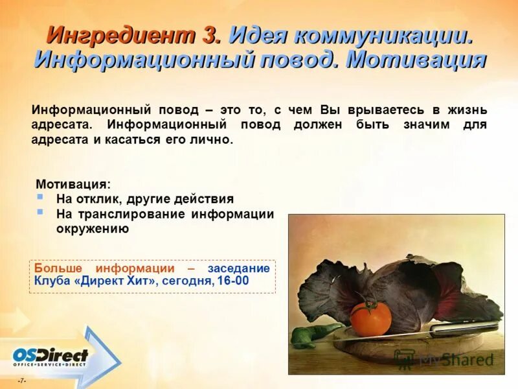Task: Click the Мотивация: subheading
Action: [x=73, y=183]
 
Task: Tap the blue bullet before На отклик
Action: [x=40, y=196]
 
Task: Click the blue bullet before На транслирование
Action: [x=40, y=212]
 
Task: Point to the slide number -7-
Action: [x=21, y=381]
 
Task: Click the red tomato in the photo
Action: [x=370, y=316]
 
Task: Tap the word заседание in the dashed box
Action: [x=238, y=268]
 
